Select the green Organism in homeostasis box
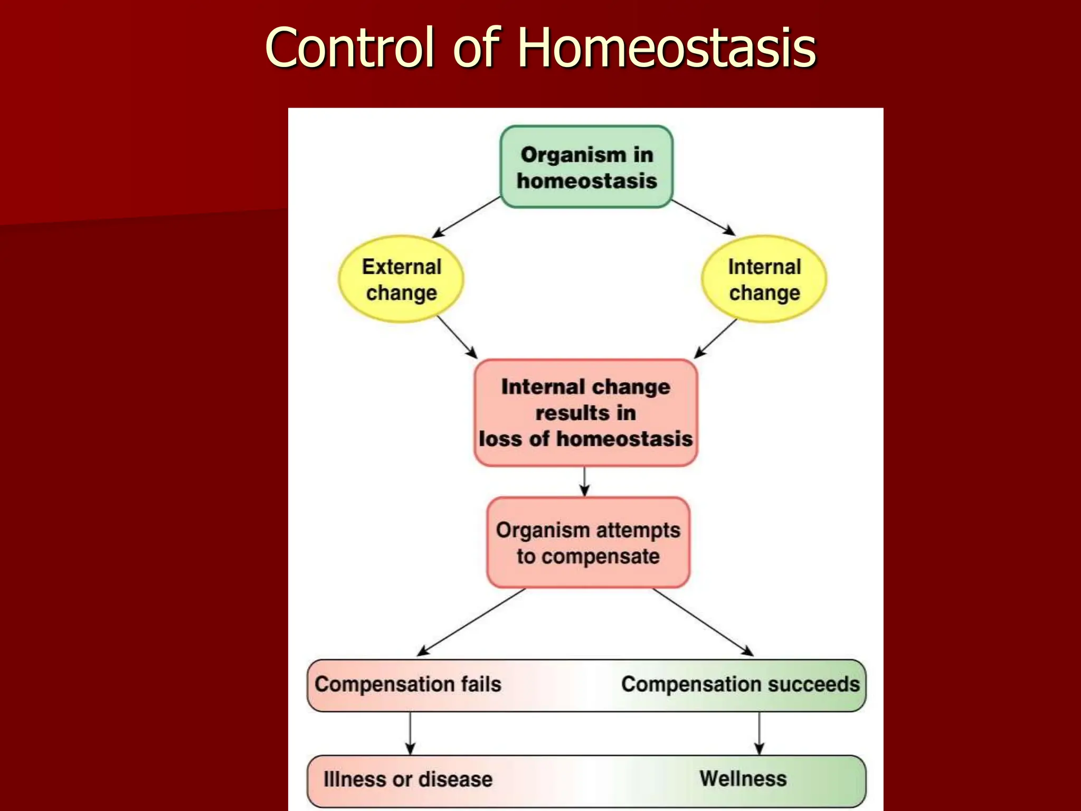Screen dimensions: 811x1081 tap(586, 167)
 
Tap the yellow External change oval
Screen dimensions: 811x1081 tap(401, 279)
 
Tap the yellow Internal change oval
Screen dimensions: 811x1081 tap(764, 279)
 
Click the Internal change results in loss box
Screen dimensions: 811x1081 tap(585, 412)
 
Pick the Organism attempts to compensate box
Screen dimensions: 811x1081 tap(588, 542)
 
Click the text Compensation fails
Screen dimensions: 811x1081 tap(407, 684)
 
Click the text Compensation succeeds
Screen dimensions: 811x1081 tap(740, 684)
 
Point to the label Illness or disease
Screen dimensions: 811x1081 tap(407, 779)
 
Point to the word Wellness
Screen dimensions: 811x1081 tap(743, 779)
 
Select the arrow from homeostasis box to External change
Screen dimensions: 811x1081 tap(466, 218)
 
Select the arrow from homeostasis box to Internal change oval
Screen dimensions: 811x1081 tap(704, 218)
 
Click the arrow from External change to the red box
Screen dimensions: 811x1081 tap(457, 337)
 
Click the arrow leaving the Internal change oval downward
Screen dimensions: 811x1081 tap(715, 338)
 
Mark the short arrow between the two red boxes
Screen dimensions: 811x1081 tap(584, 481)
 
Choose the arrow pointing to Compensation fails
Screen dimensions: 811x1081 tap(471, 622)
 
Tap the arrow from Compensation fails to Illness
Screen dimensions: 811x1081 tap(410, 733)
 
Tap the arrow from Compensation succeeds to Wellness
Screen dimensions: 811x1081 tap(759, 733)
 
